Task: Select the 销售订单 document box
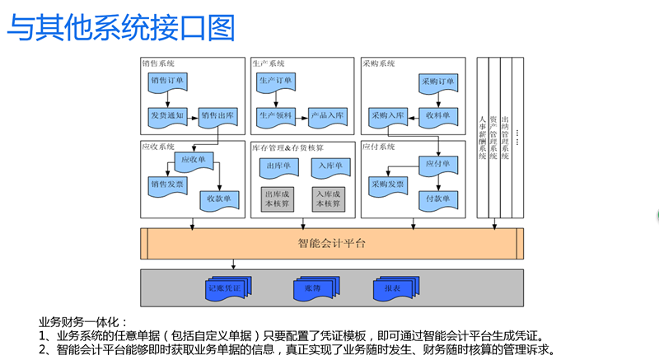click(168, 82)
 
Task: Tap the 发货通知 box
click(168, 116)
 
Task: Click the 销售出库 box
click(219, 116)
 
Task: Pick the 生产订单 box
click(277, 82)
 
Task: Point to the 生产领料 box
click(277, 116)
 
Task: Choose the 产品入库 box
click(328, 116)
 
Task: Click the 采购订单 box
click(438, 82)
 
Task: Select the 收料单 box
click(438, 116)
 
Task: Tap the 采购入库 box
click(388, 116)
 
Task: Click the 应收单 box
click(194, 160)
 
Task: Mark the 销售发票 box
click(168, 185)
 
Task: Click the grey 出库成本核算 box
click(278, 199)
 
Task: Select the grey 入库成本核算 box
click(328, 199)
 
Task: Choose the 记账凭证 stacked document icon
click(226, 289)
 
